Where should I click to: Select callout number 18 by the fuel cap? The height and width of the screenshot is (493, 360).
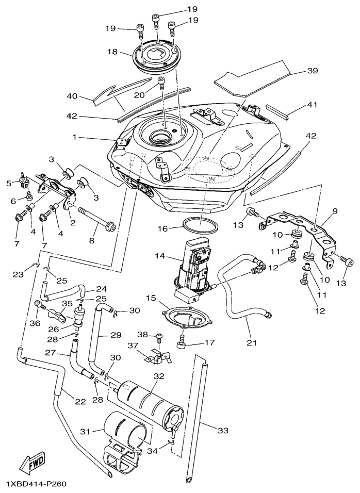click(112, 52)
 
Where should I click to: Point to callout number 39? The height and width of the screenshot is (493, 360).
click(313, 71)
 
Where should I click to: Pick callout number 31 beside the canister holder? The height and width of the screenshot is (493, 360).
click(85, 431)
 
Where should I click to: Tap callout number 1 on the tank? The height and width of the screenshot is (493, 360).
click(75, 138)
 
